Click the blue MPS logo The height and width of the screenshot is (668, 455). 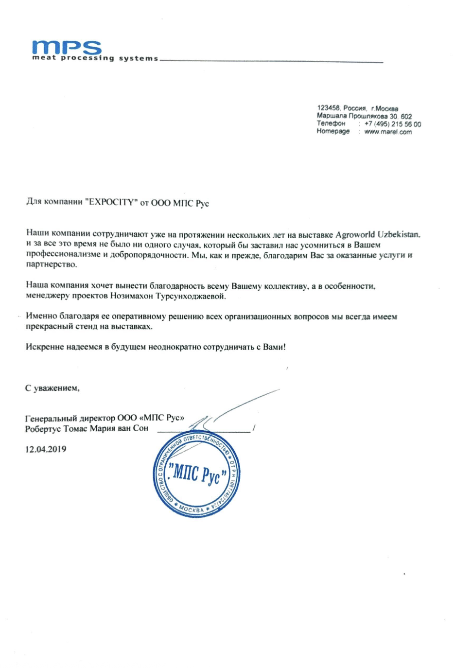(67, 47)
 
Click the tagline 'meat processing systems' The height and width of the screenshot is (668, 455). (95, 58)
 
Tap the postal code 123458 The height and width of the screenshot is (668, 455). (328, 108)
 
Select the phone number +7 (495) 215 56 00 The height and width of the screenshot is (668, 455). (392, 124)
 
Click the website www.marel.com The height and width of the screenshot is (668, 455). (387, 132)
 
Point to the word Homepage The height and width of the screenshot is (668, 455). (333, 131)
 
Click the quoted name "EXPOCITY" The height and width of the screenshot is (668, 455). (111, 202)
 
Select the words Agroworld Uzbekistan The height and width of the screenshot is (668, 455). (377, 234)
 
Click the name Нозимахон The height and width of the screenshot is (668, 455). (131, 296)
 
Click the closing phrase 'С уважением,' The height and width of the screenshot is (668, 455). (52, 388)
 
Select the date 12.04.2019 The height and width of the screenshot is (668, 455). (46, 449)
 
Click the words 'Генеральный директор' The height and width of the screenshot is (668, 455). (70, 418)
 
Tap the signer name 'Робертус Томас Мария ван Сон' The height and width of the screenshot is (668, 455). (87, 428)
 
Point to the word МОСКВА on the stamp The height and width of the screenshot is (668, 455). (192, 510)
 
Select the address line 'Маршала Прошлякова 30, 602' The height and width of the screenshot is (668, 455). (364, 116)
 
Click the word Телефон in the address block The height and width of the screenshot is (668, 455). (331, 123)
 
